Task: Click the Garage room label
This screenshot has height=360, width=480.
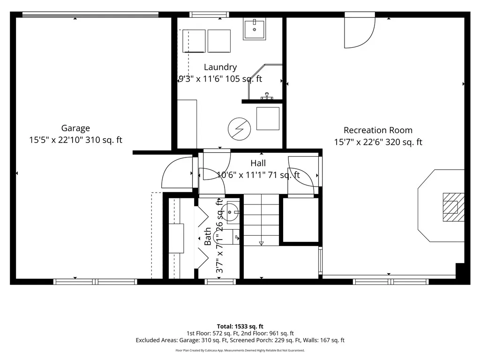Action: [x=75, y=128]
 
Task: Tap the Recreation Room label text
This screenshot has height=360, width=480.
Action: [x=378, y=130]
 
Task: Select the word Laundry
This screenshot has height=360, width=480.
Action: [x=220, y=67]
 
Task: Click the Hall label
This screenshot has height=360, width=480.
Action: [x=258, y=163]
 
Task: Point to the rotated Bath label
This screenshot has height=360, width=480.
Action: [x=208, y=236]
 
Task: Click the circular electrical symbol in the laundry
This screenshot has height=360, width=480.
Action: [x=240, y=129]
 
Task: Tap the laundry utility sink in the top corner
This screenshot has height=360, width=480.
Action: [x=255, y=29]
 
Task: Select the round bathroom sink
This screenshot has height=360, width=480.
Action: [x=230, y=212]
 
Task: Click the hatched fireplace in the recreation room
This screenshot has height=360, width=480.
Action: [x=454, y=207]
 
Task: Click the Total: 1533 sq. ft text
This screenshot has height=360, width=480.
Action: [x=240, y=326]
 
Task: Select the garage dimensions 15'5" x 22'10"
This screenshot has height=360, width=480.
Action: [x=56, y=140]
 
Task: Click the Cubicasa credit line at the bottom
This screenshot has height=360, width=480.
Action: [x=240, y=350]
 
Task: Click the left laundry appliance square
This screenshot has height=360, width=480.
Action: [x=194, y=41]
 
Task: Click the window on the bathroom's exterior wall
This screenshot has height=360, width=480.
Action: [x=220, y=282]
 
